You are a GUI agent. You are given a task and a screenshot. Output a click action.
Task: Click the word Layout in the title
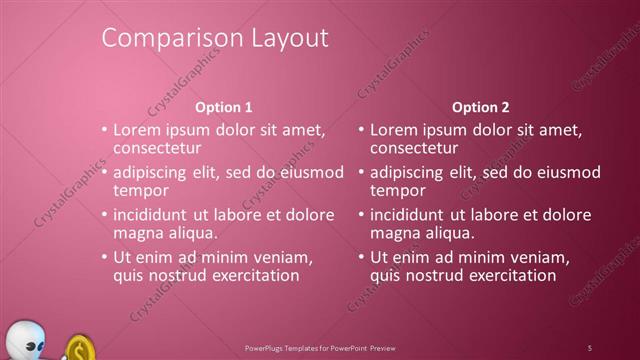pyautogui.click(x=286, y=39)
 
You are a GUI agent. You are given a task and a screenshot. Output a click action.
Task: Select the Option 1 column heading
pyautogui.click(x=223, y=107)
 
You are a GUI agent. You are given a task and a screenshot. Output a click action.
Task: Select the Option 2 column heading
pyautogui.click(x=480, y=107)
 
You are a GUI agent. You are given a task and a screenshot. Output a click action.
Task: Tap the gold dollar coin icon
pyautogui.click(x=79, y=349)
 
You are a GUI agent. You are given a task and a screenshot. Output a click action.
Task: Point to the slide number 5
pyautogui.click(x=590, y=347)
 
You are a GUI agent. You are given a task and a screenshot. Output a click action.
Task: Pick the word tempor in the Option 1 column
pyautogui.click(x=141, y=190)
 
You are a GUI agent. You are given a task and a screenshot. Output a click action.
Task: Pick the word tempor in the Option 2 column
pyautogui.click(x=398, y=190)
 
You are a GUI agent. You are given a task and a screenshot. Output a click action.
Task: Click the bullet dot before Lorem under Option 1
pyautogui.click(x=104, y=130)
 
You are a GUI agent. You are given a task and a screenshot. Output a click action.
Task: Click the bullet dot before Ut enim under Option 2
pyautogui.click(x=361, y=258)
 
